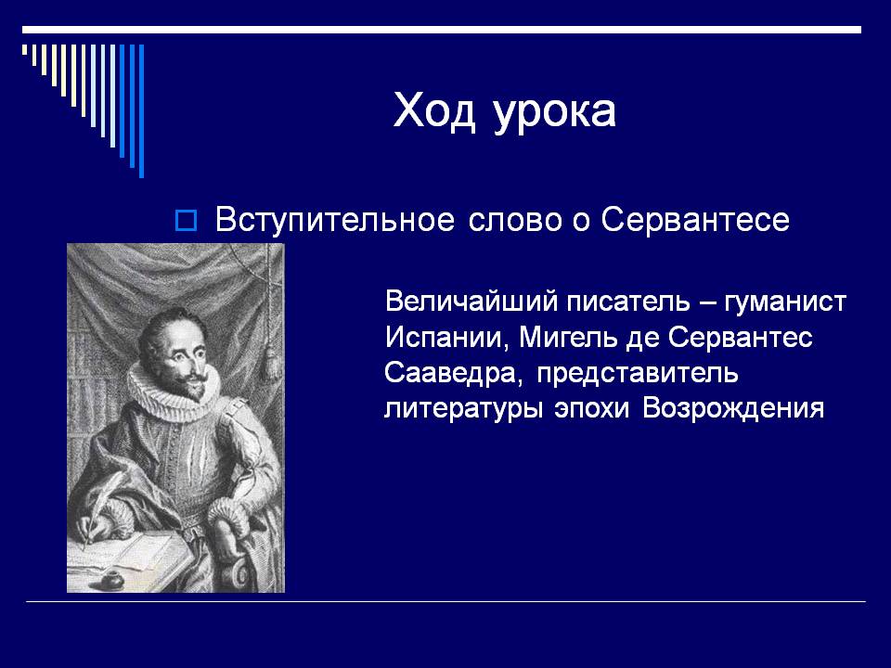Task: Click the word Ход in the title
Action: pyautogui.click(x=434, y=111)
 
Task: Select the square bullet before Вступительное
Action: pyautogui.click(x=186, y=221)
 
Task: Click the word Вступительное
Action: pyautogui.click(x=335, y=221)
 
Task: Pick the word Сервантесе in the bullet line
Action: pyautogui.click(x=695, y=221)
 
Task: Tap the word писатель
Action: pyautogui.click(x=628, y=301)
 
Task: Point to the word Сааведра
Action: pyautogui.click(x=453, y=374)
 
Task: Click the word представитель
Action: pyautogui.click(x=638, y=375)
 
